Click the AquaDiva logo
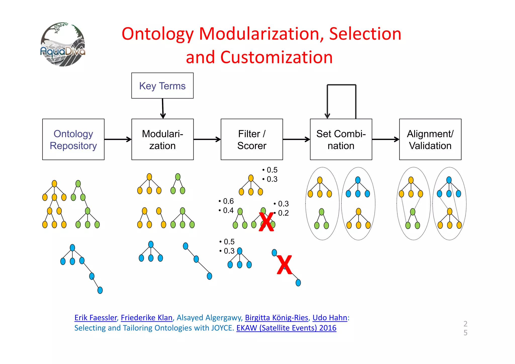63,44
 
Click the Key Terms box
162,86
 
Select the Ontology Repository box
73,140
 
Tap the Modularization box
162,140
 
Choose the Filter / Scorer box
252,140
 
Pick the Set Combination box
341,140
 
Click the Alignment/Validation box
430,140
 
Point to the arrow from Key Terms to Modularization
163,108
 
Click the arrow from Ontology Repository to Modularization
118,139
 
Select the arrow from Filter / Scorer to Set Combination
296,139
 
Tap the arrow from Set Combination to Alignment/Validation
385,139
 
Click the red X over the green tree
266,222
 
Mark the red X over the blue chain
284,265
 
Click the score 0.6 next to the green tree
228,201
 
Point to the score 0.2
283,213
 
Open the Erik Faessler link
96,318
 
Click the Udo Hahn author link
330,318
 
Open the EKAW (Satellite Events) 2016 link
286,328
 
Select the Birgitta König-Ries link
276,318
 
